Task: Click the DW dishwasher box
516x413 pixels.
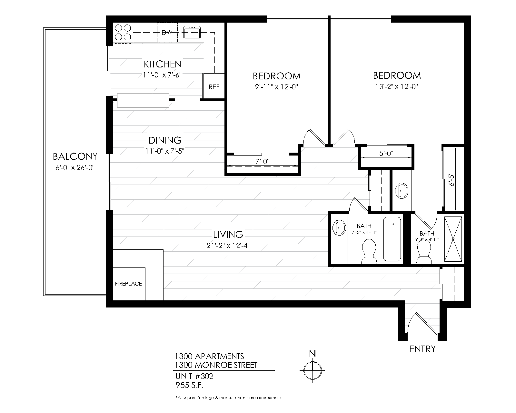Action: coord(167,32)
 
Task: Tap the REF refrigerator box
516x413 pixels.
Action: coord(214,86)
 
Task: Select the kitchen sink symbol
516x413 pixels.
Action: coord(192,33)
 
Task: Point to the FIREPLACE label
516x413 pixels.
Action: coord(128,284)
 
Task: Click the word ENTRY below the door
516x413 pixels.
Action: coord(422,349)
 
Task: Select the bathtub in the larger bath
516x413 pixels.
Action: coord(392,239)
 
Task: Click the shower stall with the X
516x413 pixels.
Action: coord(453,239)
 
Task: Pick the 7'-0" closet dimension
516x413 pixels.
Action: coord(262,161)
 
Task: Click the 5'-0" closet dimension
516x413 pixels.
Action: coord(386,154)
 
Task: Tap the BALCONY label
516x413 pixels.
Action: coord(75,156)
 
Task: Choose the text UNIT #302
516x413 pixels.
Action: coord(194,376)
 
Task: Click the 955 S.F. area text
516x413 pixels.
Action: coord(190,385)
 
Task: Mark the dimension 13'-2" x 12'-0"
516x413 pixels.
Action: coord(397,86)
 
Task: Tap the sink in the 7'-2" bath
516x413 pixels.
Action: coord(339,227)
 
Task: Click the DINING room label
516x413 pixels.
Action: coord(165,140)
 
